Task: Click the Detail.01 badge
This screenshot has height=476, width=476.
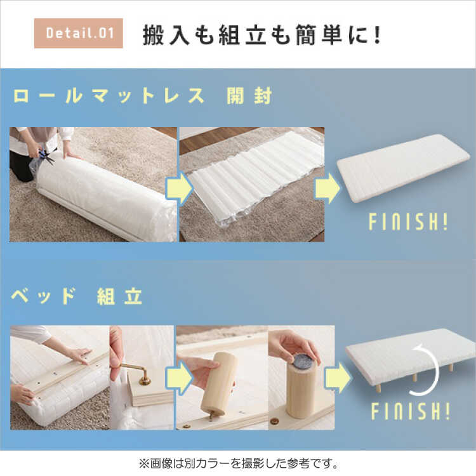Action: (x=78, y=33)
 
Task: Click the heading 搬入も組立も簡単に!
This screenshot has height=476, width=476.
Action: (x=262, y=35)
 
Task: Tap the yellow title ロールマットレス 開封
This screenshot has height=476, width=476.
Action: (x=142, y=96)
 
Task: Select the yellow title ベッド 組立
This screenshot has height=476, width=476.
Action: (x=77, y=296)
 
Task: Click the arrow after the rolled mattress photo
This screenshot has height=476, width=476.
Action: (x=180, y=188)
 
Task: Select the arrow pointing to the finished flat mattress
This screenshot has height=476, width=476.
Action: (x=327, y=188)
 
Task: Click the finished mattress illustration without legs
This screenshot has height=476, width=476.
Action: (x=403, y=168)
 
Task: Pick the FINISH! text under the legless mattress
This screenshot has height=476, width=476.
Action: (x=408, y=221)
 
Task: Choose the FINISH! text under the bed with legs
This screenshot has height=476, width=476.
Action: (x=411, y=411)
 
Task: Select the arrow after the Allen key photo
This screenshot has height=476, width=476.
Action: (x=180, y=378)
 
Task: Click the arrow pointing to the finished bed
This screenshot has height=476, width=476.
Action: (x=337, y=378)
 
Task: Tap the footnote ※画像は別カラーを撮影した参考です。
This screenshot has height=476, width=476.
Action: (x=239, y=463)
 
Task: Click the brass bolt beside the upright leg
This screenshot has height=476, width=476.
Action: (x=275, y=421)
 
